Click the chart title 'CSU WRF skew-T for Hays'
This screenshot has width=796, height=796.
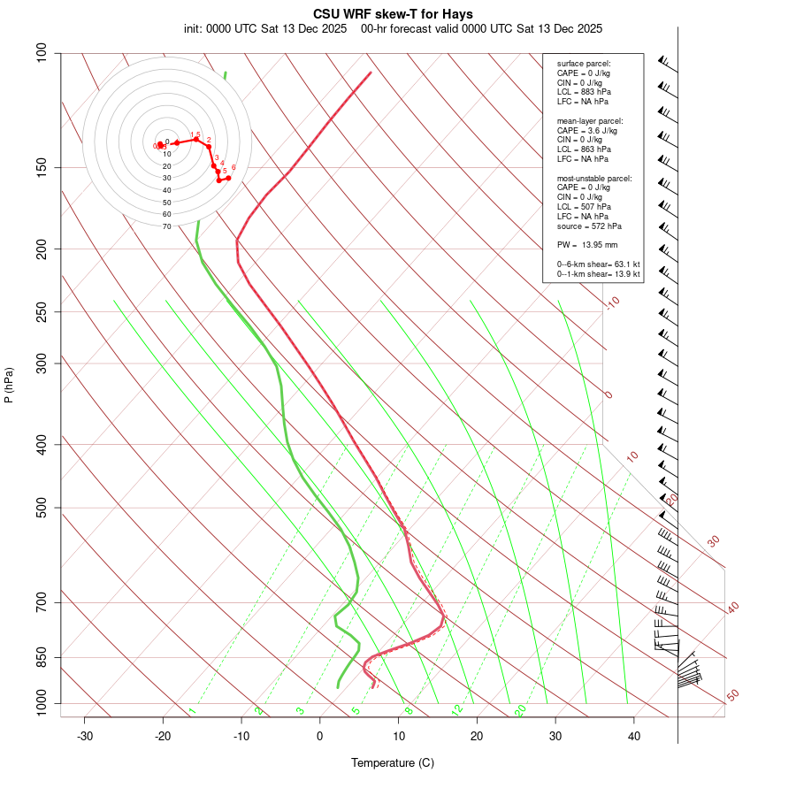(x=393, y=14)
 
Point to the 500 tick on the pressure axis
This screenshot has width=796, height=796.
(x=41, y=508)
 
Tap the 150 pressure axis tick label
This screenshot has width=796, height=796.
(x=41, y=167)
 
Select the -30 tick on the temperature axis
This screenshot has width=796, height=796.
(x=85, y=736)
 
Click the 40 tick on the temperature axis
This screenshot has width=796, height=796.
(x=633, y=736)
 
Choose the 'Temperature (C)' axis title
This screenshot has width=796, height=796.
(x=393, y=762)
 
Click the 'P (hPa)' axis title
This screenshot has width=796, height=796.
(x=9, y=385)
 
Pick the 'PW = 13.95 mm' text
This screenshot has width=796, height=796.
(x=587, y=244)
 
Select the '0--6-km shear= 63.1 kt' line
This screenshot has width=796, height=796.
(x=599, y=264)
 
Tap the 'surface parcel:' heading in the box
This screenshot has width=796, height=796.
(x=584, y=64)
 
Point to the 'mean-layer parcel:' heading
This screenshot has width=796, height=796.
(x=590, y=120)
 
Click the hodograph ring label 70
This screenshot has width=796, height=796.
(x=166, y=226)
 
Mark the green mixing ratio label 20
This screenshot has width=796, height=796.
(x=520, y=710)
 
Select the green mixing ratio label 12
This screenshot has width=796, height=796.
(x=456, y=710)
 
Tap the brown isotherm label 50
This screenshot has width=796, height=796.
(x=732, y=696)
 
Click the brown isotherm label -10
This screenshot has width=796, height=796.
(x=611, y=303)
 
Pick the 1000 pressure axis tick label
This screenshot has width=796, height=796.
(x=38, y=704)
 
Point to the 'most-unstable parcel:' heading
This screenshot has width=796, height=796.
(x=594, y=178)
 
